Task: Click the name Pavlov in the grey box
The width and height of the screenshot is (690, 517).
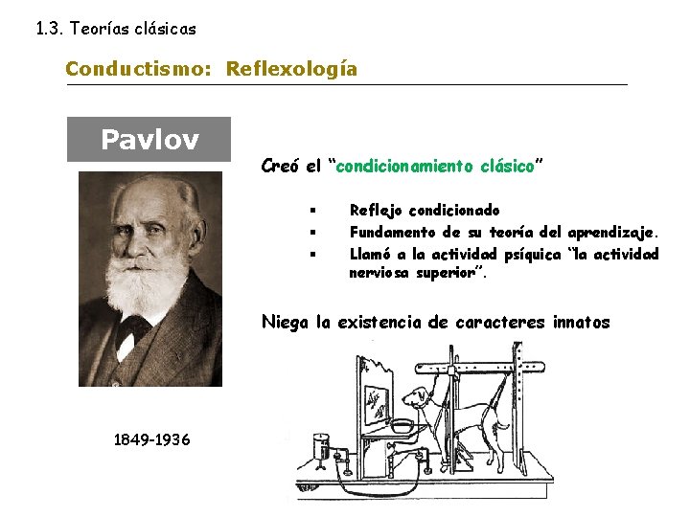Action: click(149, 141)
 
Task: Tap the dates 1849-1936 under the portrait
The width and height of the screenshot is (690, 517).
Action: click(151, 438)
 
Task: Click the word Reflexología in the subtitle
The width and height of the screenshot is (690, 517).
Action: click(291, 69)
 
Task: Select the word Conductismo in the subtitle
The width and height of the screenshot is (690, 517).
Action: click(141, 69)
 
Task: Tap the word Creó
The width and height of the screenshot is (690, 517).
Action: click(280, 166)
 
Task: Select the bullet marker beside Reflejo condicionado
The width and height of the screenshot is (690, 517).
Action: click(313, 210)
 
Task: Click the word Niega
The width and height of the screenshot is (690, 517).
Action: click(285, 322)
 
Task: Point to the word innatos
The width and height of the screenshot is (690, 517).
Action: click(581, 322)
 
